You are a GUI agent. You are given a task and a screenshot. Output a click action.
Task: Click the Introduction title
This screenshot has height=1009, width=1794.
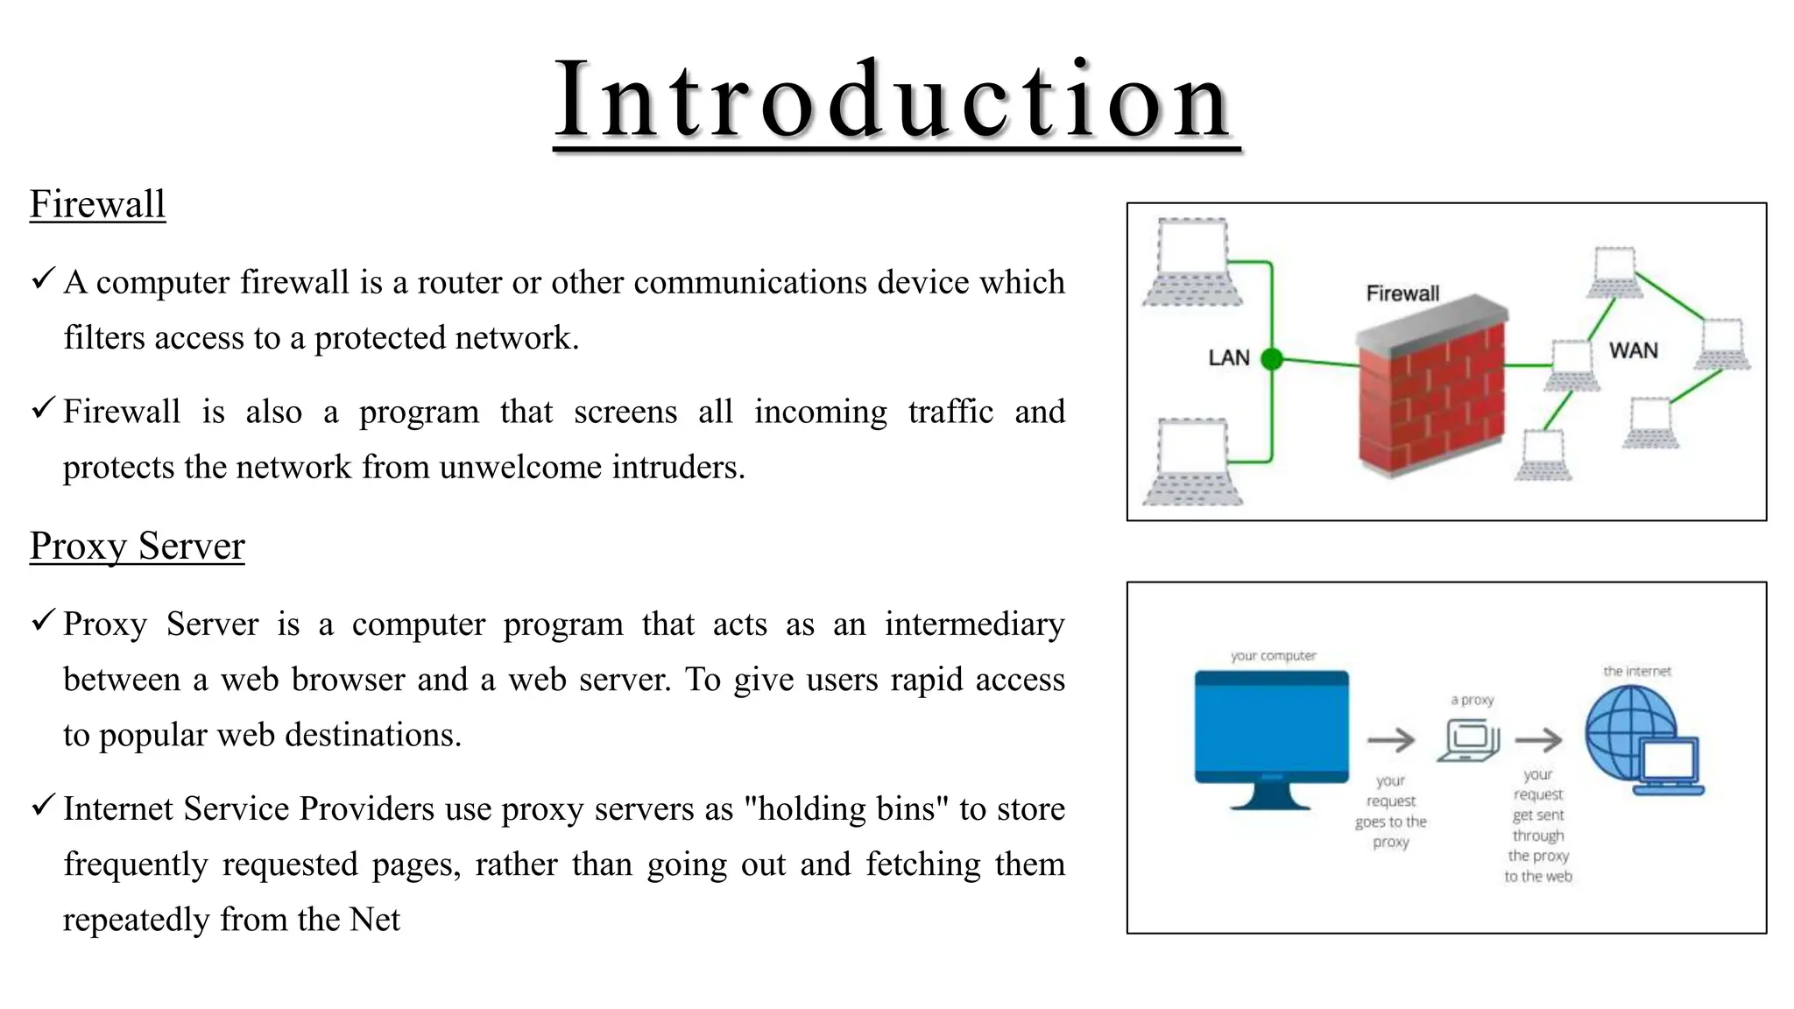coord(895,100)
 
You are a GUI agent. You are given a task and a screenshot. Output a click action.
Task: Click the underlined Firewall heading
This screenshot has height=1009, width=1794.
coord(97,204)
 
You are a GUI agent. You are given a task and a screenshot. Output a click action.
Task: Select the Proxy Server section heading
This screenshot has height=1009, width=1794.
coord(137,546)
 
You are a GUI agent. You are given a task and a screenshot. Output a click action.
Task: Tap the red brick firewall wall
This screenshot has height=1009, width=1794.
coord(1430,394)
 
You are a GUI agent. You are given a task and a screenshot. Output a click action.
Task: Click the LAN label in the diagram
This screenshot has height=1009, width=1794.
coord(1228,358)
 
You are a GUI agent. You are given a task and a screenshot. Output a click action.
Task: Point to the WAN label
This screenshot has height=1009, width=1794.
coord(1633,351)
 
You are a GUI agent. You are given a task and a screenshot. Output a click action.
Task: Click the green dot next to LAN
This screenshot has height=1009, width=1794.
coord(1272,358)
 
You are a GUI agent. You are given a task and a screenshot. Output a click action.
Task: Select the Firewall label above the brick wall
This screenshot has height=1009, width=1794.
coord(1402,293)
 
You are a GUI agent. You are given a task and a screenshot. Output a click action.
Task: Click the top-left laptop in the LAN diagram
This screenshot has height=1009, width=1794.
coord(1192,262)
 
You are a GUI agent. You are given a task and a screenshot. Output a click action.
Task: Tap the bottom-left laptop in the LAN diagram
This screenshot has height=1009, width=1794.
coord(1192,462)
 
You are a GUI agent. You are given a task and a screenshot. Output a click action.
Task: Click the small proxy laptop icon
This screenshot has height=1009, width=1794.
coord(1468,740)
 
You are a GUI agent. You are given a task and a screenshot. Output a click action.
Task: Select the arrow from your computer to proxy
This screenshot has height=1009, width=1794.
coord(1391,740)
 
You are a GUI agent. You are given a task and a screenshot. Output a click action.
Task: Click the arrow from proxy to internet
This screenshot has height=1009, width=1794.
coord(1538,740)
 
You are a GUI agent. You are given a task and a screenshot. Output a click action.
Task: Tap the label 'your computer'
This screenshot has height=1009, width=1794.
coord(1273,656)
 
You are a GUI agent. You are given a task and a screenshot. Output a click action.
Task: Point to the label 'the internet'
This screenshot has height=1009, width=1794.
coord(1636,672)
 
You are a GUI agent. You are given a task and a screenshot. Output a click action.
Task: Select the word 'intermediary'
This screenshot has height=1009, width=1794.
coord(974,624)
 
